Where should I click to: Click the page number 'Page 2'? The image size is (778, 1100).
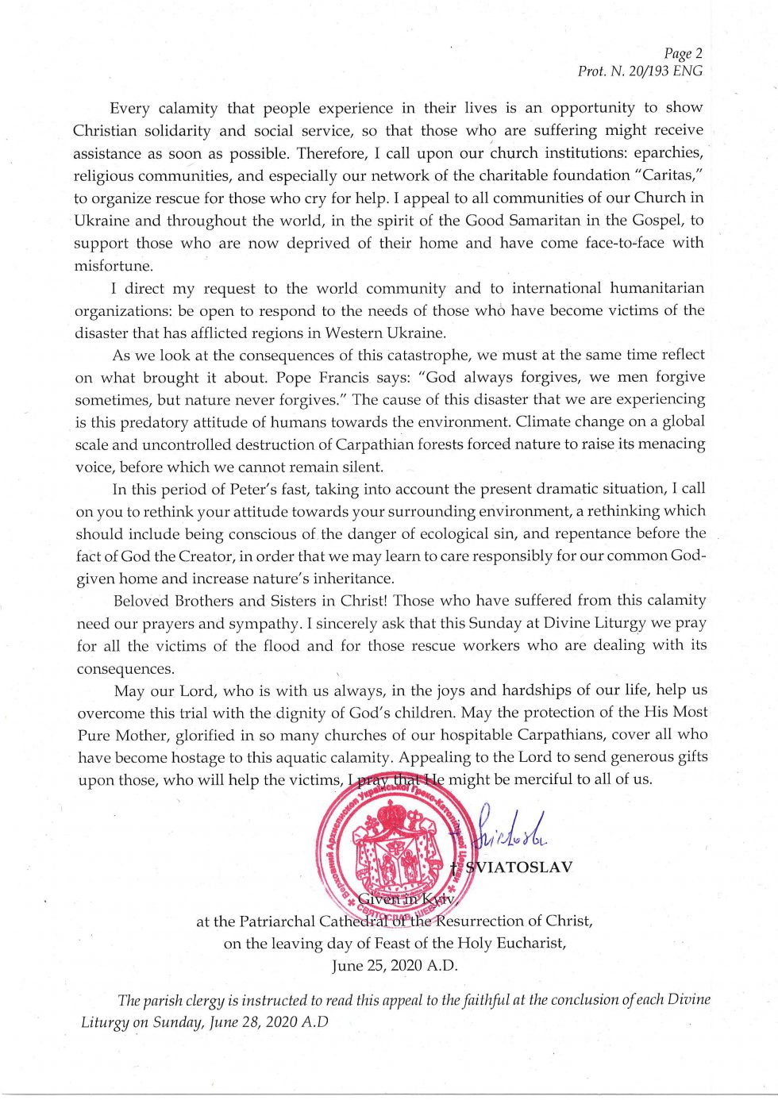click(x=683, y=54)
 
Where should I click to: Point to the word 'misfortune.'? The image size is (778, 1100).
click(x=114, y=266)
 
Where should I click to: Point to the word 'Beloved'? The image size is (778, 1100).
click(x=141, y=600)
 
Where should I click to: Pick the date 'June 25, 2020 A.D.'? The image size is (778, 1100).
click(x=395, y=966)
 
